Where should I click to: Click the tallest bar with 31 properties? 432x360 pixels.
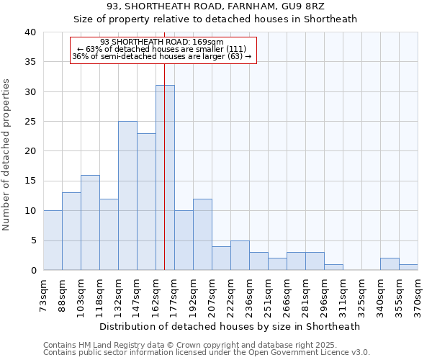(165, 178)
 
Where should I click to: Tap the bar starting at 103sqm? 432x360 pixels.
(90, 222)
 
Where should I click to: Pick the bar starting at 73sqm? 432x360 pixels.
(53, 240)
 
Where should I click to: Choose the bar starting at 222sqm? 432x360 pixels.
(240, 256)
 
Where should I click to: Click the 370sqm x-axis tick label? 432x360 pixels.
(418, 295)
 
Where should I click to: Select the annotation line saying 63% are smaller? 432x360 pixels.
(162, 49)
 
